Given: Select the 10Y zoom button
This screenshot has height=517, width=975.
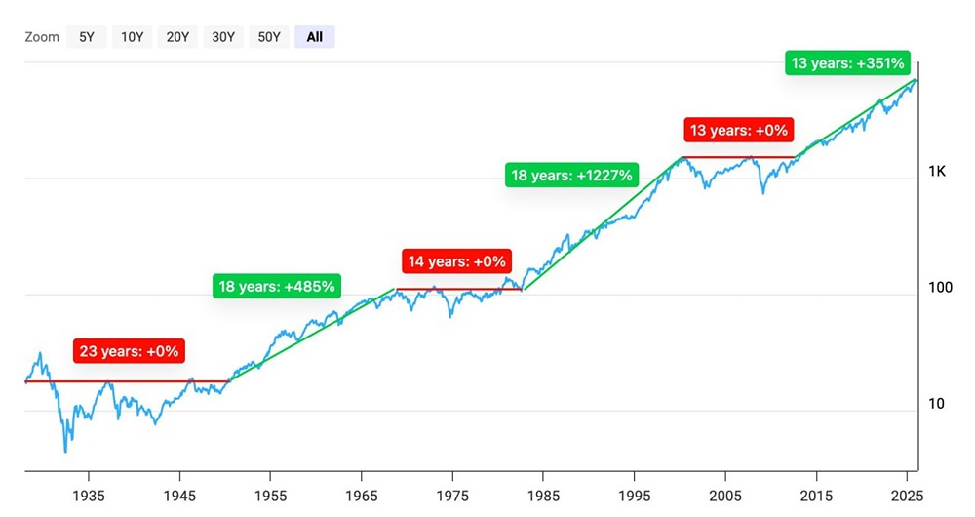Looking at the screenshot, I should click(131, 37).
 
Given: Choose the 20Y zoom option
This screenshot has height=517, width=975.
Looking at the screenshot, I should click(176, 37).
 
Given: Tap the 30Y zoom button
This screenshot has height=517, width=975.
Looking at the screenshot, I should click(222, 37).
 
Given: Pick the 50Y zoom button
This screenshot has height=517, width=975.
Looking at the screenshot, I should click(268, 37).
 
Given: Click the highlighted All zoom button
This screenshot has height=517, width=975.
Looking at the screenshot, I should click(314, 37).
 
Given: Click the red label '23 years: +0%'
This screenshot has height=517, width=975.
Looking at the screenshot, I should click(128, 351).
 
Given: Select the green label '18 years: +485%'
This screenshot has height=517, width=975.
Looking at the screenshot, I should click(276, 287).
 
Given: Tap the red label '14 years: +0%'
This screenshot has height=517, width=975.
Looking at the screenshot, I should click(457, 261).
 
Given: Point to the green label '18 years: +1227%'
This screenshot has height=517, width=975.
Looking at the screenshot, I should click(571, 176).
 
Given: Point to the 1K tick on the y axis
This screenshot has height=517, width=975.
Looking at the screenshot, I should click(937, 172).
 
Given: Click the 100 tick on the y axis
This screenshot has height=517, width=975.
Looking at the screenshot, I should click(939, 289).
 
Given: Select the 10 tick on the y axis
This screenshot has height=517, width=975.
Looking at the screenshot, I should click(935, 404).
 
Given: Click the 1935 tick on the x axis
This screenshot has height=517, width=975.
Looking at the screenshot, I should click(90, 495).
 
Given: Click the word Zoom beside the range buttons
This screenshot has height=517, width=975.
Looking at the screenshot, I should click(41, 37).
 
